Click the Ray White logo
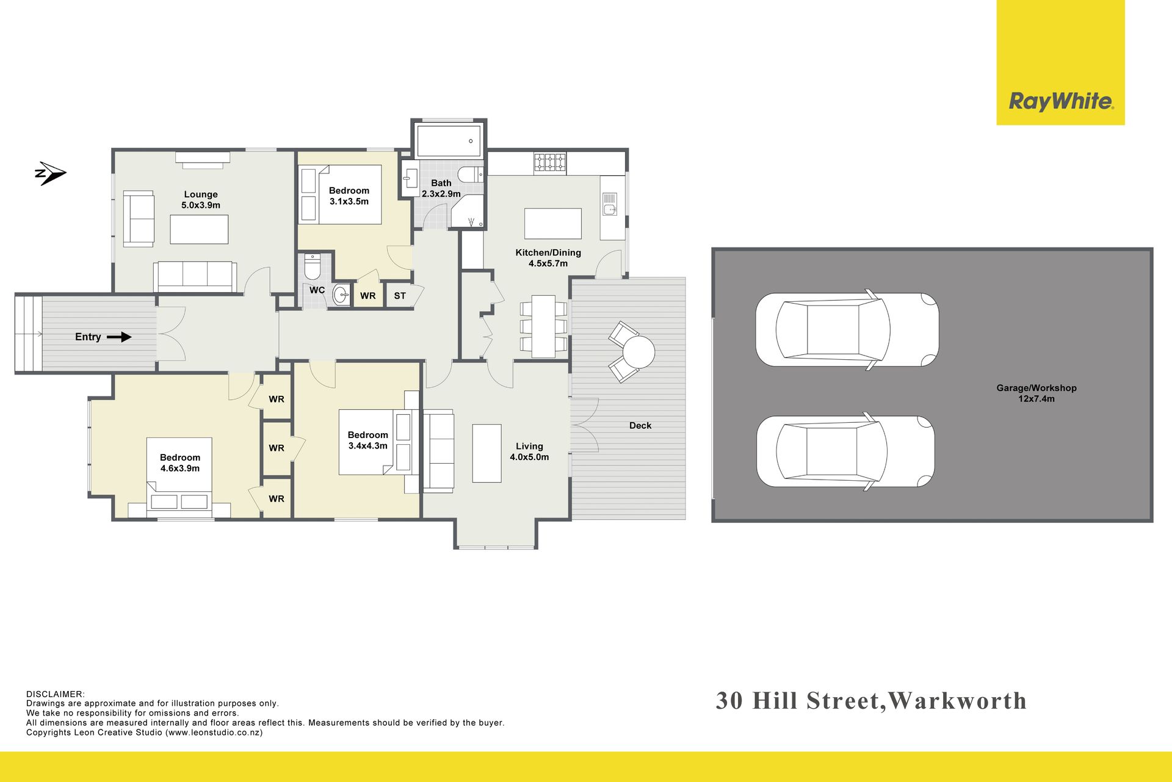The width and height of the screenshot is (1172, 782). [x=1060, y=101]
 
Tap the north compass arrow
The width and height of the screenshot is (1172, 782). [x=50, y=174]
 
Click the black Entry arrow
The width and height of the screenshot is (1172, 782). [x=119, y=337]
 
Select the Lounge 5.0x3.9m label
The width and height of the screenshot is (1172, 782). [x=201, y=200]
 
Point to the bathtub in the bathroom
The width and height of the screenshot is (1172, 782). [x=449, y=141]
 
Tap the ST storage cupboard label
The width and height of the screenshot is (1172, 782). [x=400, y=296]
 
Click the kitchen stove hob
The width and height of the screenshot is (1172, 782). [x=550, y=163]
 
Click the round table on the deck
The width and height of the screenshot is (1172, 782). [x=638, y=352]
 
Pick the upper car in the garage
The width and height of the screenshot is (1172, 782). [x=847, y=329]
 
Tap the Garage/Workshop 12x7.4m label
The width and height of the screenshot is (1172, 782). [x=1036, y=393]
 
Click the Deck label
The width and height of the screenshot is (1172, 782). [x=640, y=425]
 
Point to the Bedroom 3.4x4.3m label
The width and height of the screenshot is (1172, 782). [x=368, y=440]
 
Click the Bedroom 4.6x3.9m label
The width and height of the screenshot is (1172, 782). [x=180, y=462]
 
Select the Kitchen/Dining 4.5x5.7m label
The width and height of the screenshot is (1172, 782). [x=548, y=258]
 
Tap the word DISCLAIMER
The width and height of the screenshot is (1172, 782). [x=56, y=694]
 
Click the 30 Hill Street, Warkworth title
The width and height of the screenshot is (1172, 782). [x=871, y=701]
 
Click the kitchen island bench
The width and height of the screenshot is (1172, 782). [x=553, y=224]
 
